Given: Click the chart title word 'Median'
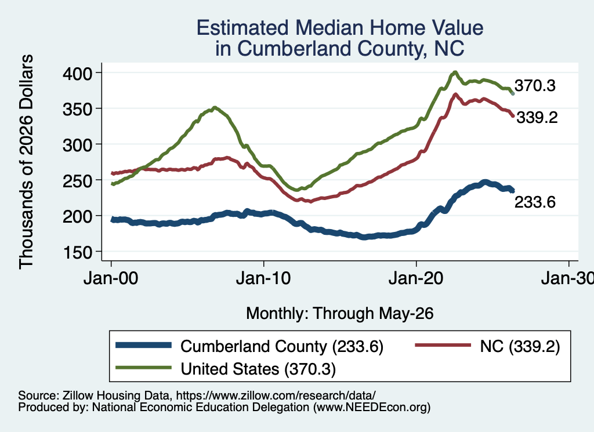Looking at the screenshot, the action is point(328,28).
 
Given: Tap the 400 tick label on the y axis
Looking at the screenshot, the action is point(78,73).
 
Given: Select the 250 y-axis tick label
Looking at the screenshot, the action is point(78,180).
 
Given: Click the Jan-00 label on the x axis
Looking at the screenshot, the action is point(111,278).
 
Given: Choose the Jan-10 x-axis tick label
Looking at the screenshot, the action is point(263,278).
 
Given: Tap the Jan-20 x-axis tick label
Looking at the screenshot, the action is point(416,278).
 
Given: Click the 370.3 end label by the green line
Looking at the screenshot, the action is point(535,86).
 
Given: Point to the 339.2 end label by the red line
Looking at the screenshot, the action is point(537,117).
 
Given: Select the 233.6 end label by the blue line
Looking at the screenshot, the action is point(535,202).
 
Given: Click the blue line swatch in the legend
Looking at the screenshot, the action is point(144,345).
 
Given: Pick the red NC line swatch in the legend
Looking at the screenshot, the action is point(443,345).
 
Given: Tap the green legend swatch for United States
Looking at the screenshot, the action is point(144,368).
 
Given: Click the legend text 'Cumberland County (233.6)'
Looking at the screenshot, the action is point(282,346).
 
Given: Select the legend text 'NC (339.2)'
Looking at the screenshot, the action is point(520,346).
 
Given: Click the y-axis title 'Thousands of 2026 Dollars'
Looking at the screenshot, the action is point(26,162).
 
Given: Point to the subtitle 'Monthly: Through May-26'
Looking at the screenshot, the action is point(340,314).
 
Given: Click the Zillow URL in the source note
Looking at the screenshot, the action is point(276,395).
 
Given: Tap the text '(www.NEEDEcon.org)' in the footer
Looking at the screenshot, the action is point(372,407).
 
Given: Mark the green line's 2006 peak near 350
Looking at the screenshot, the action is point(215,107).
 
